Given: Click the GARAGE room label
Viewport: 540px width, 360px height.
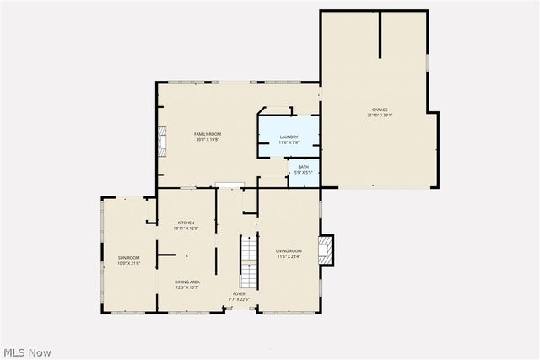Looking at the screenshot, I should [x=381, y=110].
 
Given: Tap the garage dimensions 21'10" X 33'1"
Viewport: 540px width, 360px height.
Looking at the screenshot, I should [x=381, y=116].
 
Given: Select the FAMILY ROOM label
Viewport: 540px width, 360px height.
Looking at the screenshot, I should [x=208, y=134].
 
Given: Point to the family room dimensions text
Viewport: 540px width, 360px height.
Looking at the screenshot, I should [x=208, y=140].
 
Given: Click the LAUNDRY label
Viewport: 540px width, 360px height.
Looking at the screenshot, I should [x=289, y=137].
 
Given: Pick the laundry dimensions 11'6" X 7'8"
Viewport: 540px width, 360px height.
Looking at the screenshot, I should [x=289, y=142].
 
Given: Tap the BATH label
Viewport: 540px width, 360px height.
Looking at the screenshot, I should [x=304, y=166].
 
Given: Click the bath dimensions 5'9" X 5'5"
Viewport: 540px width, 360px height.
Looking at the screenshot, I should [x=304, y=172].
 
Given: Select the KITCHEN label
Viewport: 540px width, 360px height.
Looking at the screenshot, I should [x=186, y=223].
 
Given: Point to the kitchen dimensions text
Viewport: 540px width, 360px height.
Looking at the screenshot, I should [x=186, y=228].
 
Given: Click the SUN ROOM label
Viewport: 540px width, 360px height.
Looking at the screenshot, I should [x=128, y=257].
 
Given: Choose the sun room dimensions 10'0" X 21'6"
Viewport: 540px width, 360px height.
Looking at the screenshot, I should [x=128, y=263].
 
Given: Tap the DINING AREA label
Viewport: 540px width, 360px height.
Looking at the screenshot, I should [x=187, y=282].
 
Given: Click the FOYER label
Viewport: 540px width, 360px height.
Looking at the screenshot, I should [x=239, y=293].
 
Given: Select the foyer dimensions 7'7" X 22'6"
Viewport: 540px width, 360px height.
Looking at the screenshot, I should [x=239, y=299].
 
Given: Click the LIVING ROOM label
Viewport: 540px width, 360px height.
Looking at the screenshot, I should [x=289, y=250].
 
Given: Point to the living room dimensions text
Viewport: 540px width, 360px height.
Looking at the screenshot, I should [x=289, y=256].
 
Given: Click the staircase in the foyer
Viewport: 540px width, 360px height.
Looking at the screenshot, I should [x=248, y=261].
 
